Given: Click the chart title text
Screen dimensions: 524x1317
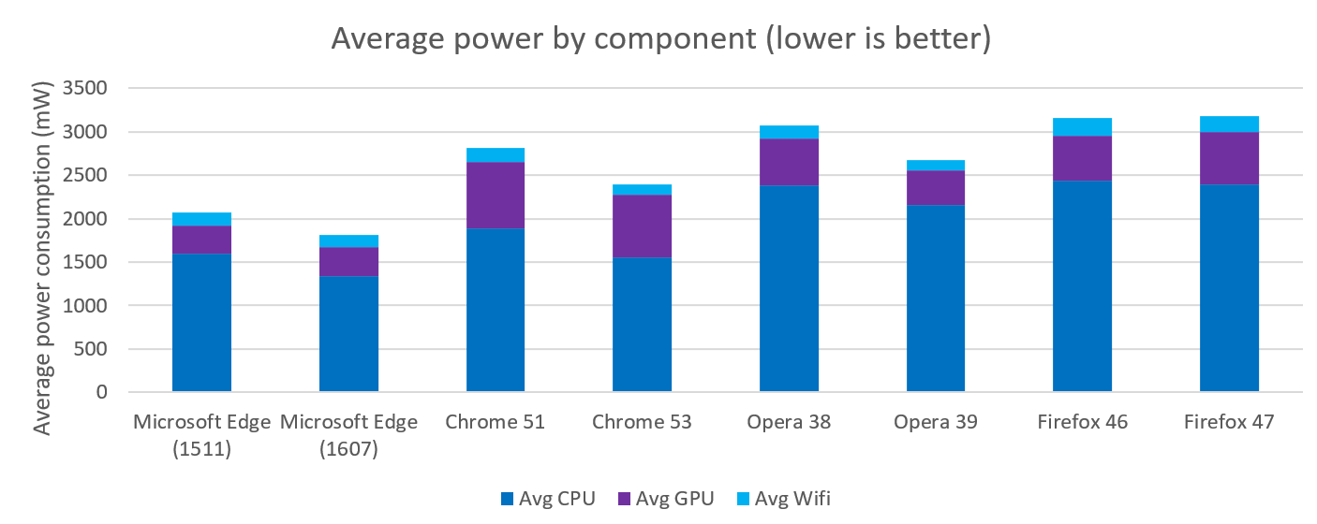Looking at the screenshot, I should pyautogui.click(x=659, y=39).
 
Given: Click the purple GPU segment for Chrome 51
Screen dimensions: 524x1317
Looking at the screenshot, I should pyautogui.click(x=496, y=196).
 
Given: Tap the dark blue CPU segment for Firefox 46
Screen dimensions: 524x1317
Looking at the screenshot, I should pyautogui.click(x=1082, y=285).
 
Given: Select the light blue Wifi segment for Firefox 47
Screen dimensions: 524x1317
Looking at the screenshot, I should pyautogui.click(x=1229, y=124).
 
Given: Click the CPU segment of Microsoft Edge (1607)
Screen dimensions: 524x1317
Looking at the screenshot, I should pyautogui.click(x=348, y=333).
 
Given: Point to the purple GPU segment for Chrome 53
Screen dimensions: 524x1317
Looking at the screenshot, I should pyautogui.click(x=642, y=226).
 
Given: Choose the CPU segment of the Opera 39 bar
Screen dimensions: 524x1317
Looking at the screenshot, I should pyautogui.click(x=936, y=298).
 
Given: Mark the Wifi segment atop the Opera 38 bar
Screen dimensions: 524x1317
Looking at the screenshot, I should pyautogui.click(x=789, y=132).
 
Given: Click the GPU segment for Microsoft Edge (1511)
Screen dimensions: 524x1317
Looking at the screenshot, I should pyautogui.click(x=201, y=240).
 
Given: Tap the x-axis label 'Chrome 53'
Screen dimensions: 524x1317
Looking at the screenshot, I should pyautogui.click(x=642, y=422).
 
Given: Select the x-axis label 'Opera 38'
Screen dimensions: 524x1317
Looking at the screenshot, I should pyautogui.click(x=789, y=422).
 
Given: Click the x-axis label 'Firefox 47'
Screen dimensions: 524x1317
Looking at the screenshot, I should pyautogui.click(x=1229, y=422).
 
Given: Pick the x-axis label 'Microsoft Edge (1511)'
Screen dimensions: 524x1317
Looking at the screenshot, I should pyautogui.click(x=201, y=435).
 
